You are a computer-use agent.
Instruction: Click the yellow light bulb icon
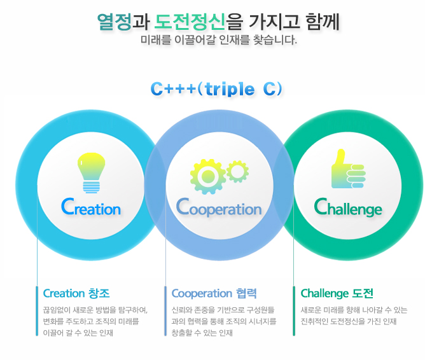pos(92,172)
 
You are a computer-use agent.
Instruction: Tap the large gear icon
pos(208,177)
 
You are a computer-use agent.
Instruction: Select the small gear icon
pos(238,172)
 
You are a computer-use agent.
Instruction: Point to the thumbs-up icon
pos(349,169)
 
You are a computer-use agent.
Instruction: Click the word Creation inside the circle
pos(91,207)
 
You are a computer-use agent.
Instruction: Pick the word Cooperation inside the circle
pos(219,207)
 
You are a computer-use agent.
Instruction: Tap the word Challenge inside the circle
pos(348,207)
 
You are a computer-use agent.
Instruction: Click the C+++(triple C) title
pos(216,89)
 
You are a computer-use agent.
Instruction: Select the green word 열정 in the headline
pos(115,22)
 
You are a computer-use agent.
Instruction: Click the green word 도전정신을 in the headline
pos(199,22)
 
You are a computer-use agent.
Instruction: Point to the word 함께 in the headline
pos(323,22)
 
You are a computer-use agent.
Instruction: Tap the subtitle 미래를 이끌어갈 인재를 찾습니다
pos(219,40)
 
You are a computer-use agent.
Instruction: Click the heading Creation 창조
pos(76,293)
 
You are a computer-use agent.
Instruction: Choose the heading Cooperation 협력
pos(214,293)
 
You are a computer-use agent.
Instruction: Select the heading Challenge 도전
pos(337,293)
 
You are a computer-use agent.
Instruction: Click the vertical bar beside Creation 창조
pos(37,311)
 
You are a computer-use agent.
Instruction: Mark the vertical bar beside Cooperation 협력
pos(165,311)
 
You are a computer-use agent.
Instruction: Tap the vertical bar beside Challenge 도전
pos(294,311)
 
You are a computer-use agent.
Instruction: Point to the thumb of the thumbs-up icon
pos(340,157)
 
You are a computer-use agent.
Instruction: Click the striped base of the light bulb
pos(92,187)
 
